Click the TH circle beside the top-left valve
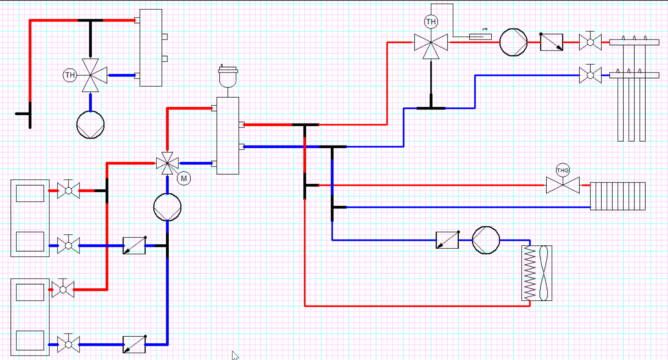tap(70, 75)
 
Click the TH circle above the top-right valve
tap(431, 22)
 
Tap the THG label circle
tap(563, 171)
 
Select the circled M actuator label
tap(184, 178)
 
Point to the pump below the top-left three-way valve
tap(91, 125)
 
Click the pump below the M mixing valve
tap(167, 207)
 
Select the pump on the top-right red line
tap(513, 42)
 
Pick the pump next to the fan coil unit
tap(486, 240)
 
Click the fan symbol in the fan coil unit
tap(544, 273)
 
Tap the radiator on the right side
tap(617, 196)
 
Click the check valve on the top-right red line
tap(551, 42)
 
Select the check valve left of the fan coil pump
tap(447, 240)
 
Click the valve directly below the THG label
tap(563, 185)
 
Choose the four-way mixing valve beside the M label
tap(167, 164)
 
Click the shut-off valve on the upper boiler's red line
tap(69, 191)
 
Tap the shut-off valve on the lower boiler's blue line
tap(69, 344)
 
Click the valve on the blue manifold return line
tap(590, 75)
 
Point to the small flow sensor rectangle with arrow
tap(480, 36)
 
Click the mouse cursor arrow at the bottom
tap(235, 355)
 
